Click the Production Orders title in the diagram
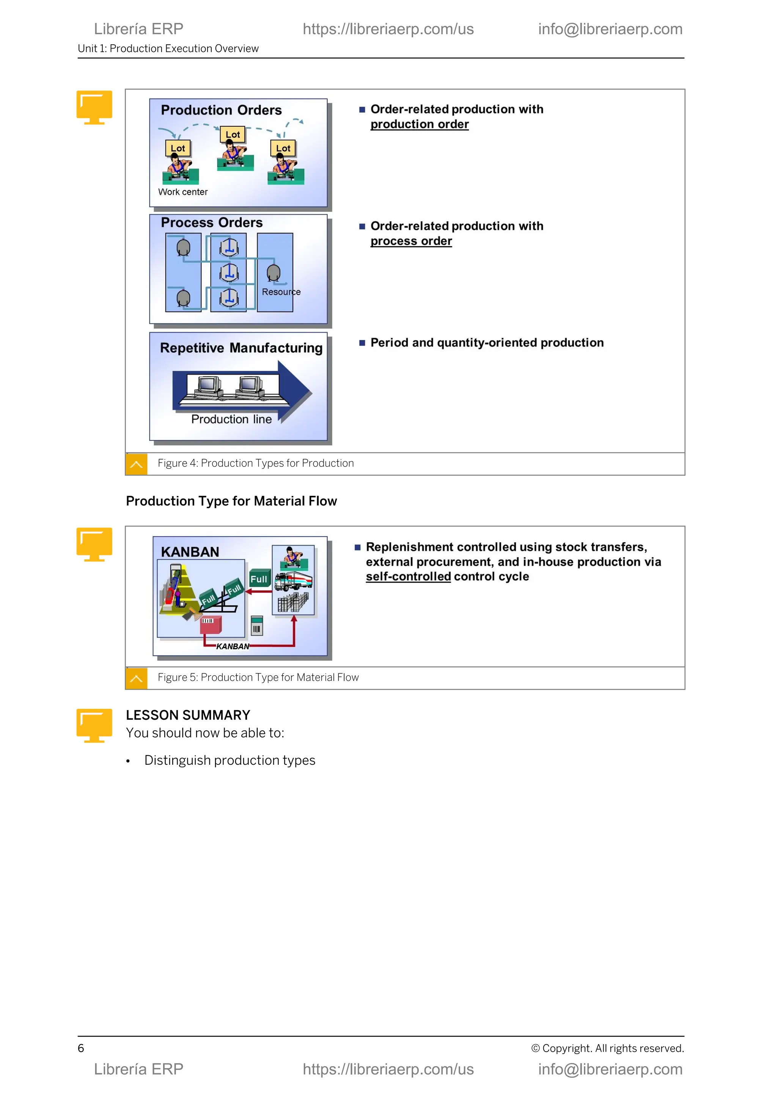[x=221, y=110]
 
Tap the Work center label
[x=183, y=192]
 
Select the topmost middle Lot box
[x=233, y=134]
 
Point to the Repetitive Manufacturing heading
[x=241, y=348]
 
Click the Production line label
[x=231, y=419]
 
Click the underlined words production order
[x=419, y=124]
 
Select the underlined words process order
[x=411, y=241]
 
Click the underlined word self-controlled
[x=408, y=576]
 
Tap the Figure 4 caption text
[x=255, y=463]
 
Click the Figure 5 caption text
[x=258, y=677]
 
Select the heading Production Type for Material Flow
[x=231, y=501]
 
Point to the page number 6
[x=81, y=1048]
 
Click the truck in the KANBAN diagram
[x=294, y=581]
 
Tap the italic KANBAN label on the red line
[x=233, y=646]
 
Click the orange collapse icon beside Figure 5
[x=136, y=678]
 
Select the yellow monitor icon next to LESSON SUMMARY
[x=94, y=725]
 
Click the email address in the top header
[x=610, y=29]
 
